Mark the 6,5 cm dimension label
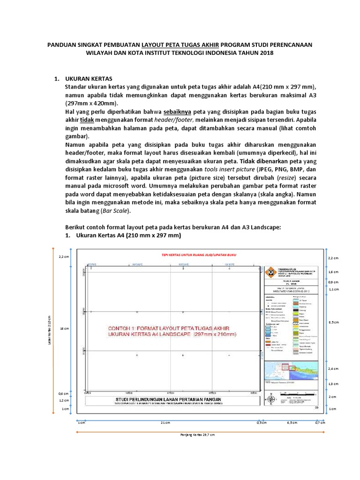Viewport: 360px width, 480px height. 292,422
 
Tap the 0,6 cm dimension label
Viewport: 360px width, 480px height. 64,393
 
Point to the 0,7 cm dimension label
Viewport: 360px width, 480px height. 320,422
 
